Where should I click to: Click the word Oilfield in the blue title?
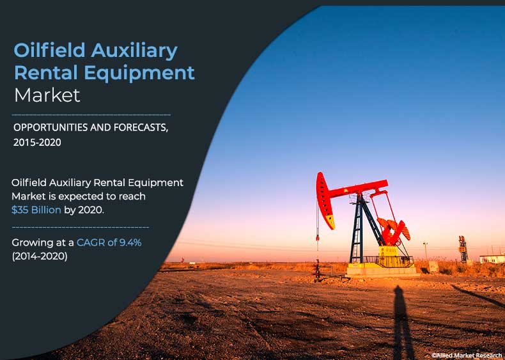click(x=49, y=51)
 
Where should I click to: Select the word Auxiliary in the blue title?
click(x=134, y=51)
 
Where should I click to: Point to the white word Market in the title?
click(x=47, y=95)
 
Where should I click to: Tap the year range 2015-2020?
click(x=37, y=143)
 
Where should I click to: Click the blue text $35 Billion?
click(x=36, y=210)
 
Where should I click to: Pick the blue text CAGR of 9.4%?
click(x=109, y=242)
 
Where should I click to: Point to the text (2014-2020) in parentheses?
click(x=40, y=256)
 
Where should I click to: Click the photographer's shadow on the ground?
click(x=401, y=322)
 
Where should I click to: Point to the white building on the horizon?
click(x=492, y=259)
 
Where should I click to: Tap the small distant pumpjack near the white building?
click(x=463, y=249)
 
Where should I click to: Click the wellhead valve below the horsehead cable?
click(x=318, y=270)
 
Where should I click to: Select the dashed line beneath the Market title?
click(x=91, y=114)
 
